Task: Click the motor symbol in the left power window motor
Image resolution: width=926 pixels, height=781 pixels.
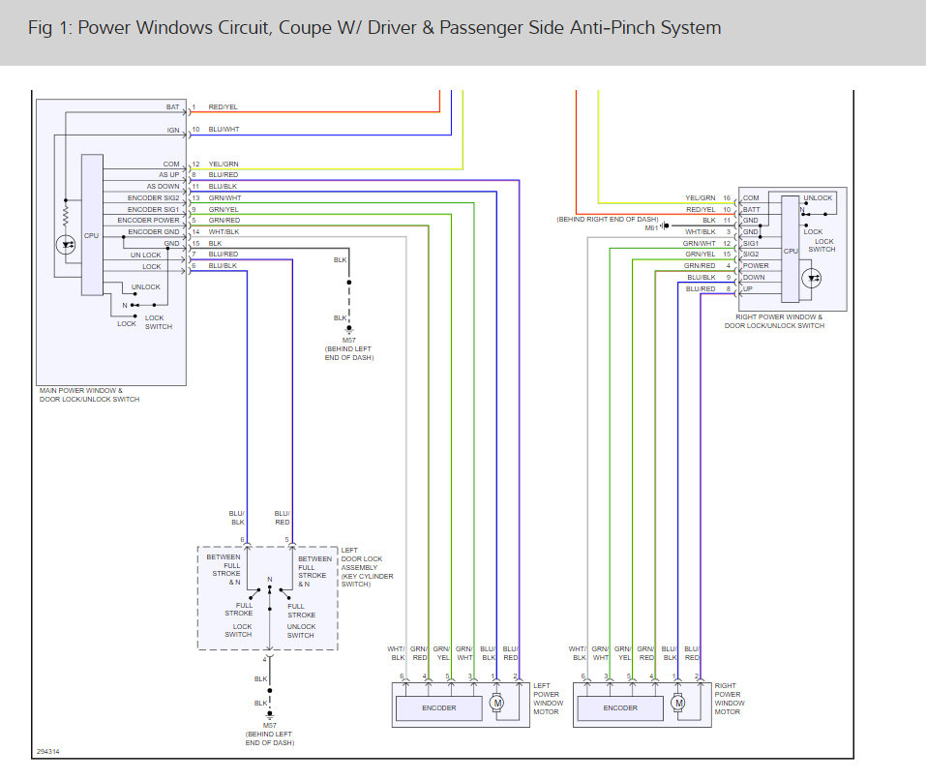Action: tap(497, 703)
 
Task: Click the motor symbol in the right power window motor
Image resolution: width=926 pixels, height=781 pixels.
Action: tap(678, 703)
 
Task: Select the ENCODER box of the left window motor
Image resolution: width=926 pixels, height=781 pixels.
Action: tap(438, 707)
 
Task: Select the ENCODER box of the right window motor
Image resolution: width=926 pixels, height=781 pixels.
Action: tap(620, 707)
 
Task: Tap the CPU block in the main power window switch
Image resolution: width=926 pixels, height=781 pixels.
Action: tap(92, 225)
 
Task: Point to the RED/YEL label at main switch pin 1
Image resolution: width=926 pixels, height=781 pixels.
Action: tap(224, 106)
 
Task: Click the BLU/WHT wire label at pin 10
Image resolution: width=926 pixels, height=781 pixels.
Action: tap(224, 130)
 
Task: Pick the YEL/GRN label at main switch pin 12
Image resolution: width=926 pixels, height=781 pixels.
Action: tap(224, 165)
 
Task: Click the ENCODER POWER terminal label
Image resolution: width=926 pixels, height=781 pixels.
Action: tap(148, 221)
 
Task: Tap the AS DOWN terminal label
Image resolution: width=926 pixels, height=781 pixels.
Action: tap(163, 186)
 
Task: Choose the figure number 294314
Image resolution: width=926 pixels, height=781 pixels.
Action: tap(47, 751)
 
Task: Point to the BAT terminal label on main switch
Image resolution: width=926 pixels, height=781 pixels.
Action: tap(172, 106)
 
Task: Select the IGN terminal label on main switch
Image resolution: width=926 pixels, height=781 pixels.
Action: tap(173, 130)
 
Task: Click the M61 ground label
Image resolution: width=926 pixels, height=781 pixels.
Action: tap(651, 228)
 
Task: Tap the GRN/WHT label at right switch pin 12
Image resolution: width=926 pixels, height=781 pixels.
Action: tap(700, 244)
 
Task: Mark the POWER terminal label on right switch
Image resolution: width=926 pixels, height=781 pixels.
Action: tap(756, 266)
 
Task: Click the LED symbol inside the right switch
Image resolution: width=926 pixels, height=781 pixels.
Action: tap(812, 278)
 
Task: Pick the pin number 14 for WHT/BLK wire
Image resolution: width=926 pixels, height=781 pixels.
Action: tap(196, 232)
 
